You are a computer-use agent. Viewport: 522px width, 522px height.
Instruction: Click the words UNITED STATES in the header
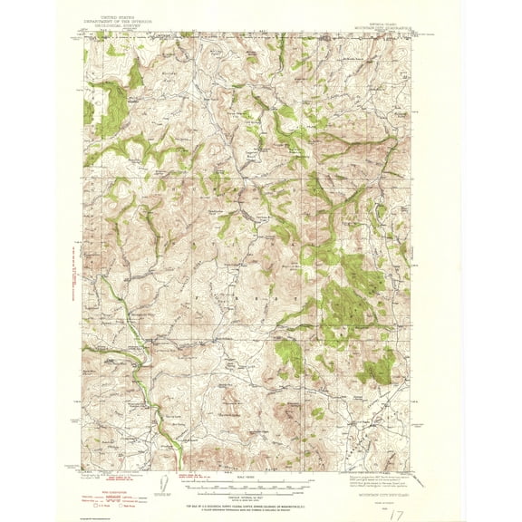tap(121, 16)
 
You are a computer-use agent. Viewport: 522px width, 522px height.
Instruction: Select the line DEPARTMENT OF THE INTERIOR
tap(121, 21)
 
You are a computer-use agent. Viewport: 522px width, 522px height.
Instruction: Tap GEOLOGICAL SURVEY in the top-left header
tap(121, 25)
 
